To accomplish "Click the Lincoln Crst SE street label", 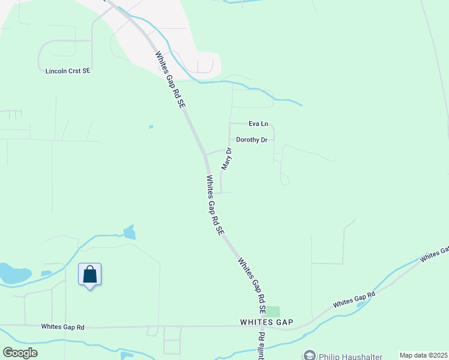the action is click(67, 71).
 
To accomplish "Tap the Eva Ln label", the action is click(258, 124).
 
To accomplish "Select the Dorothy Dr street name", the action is click(252, 140).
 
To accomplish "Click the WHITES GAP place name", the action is click(267, 322).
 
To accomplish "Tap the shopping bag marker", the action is click(90, 275).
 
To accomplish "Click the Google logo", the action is click(20, 353).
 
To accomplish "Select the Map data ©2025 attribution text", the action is click(423, 355).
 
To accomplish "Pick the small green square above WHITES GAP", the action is click(273, 311).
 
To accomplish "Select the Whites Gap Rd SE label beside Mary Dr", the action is click(215, 205).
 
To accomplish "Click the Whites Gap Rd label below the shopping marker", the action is click(63, 327).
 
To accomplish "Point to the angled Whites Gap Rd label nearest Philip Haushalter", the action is click(354, 299).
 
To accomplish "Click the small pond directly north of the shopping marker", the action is click(129, 232).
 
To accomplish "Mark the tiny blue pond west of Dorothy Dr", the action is click(151, 127).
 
